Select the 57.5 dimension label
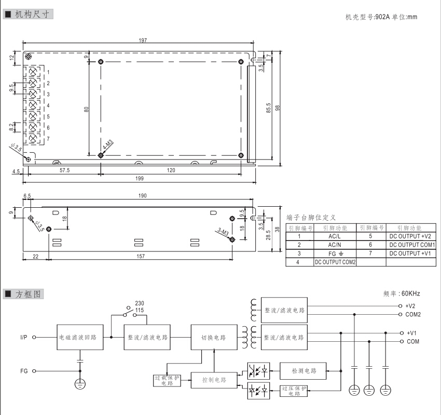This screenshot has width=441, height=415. point(64,170)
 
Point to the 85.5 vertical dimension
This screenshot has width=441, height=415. point(269,108)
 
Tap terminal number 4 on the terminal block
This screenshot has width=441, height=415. point(48,105)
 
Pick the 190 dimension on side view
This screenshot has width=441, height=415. point(143,196)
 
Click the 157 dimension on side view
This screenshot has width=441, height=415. point(139,257)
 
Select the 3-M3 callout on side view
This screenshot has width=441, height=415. point(223,232)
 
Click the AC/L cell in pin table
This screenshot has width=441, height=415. point(334,236)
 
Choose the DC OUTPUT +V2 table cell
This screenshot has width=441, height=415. point(409,236)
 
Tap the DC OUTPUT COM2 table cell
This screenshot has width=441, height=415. point(335,262)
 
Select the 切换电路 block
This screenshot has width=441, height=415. point(213,337)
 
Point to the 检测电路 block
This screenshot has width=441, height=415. point(303,370)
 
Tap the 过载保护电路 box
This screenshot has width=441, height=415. point(167,381)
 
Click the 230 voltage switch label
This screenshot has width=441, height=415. point(140,303)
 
